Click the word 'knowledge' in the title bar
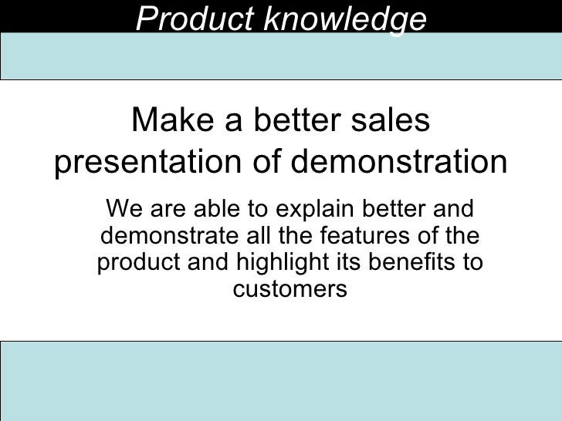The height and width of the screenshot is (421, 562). tap(344, 20)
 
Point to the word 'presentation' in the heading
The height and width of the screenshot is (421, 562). tap(148, 163)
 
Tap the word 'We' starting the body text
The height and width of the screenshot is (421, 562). tap(123, 208)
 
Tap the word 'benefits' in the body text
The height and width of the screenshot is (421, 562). tap(410, 262)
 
